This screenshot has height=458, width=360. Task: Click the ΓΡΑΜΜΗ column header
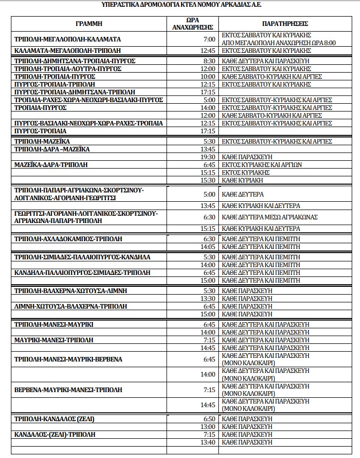[x=89, y=23]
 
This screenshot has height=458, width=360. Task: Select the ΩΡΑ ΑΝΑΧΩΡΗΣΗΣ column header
[x=192, y=23]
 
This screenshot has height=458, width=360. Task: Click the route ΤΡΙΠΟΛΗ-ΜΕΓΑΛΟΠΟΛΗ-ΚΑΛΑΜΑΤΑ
[x=68, y=39]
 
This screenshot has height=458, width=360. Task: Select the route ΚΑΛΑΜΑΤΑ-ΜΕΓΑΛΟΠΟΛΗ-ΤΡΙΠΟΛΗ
[x=68, y=51]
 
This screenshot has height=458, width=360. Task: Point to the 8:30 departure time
[x=209, y=61]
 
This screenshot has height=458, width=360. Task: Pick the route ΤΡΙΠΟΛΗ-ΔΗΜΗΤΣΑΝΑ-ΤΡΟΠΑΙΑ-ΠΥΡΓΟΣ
[x=75, y=61]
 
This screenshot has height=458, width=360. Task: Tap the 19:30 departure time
[x=207, y=157]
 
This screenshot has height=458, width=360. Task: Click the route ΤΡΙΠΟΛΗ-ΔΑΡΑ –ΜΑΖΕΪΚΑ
[x=52, y=149]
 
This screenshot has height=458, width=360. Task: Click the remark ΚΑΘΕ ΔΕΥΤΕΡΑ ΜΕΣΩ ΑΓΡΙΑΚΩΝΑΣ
[x=269, y=217]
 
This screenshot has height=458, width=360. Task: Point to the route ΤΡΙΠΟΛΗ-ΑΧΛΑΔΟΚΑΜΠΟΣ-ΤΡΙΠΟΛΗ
[x=68, y=239]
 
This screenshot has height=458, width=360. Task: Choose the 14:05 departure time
[x=207, y=247]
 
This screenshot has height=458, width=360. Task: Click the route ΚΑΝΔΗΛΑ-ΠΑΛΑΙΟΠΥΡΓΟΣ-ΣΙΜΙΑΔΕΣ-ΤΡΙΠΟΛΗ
[x=82, y=272]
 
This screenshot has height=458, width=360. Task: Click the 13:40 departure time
[x=207, y=442]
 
